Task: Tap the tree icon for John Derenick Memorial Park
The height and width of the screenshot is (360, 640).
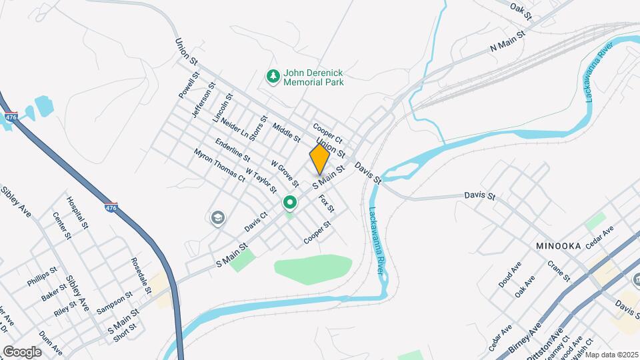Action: (272, 77)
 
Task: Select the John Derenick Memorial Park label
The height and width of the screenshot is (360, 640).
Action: (313, 77)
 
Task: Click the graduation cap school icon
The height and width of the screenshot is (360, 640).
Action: (217, 218)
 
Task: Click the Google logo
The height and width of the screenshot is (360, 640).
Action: (22, 352)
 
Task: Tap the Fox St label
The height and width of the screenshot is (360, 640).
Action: (327, 203)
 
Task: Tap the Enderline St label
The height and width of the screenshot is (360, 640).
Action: (233, 150)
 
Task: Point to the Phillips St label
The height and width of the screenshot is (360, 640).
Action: (39, 277)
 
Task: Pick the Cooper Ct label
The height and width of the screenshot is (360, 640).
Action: (327, 132)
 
